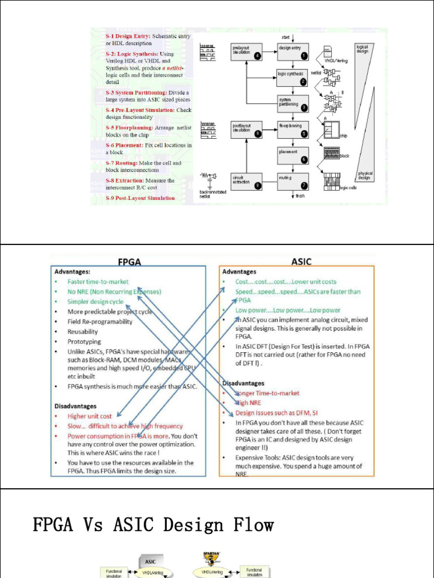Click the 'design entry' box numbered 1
[x=292, y=51]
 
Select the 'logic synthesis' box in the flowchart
[x=292, y=77]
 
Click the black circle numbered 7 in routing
[x=304, y=185]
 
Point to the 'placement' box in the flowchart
[x=292, y=155]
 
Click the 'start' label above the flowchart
[x=285, y=37]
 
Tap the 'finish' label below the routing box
[x=300, y=196]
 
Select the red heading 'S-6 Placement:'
[x=124, y=145]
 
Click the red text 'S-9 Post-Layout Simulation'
[x=140, y=198]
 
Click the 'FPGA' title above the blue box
[x=129, y=262]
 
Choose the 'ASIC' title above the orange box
[x=301, y=262]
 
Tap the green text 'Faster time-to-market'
[x=98, y=281]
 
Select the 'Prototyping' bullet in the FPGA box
[x=84, y=341]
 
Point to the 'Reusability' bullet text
[x=83, y=332]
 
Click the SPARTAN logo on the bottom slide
[x=212, y=558]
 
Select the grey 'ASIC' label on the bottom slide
[x=151, y=562]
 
